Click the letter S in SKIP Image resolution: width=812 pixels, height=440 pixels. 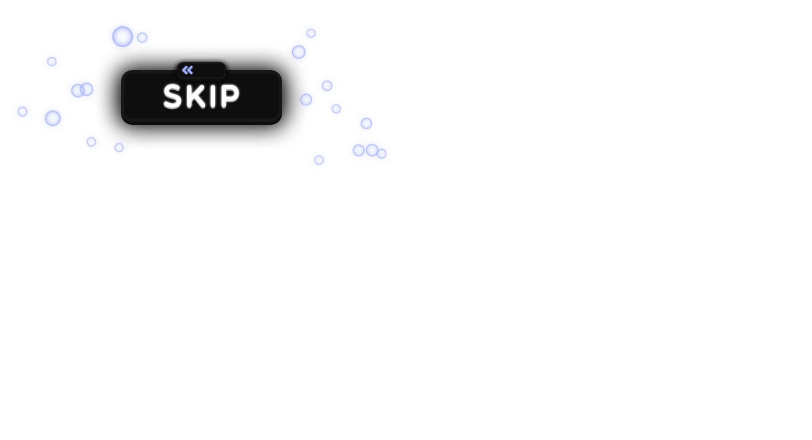click(172, 97)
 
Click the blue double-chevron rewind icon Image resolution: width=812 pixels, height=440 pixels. click(188, 70)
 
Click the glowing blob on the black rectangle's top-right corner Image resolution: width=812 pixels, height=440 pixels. click(299, 51)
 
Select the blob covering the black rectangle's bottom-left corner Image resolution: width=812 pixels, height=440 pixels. click(91, 142)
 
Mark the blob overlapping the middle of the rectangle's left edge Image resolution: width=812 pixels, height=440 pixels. click(81, 90)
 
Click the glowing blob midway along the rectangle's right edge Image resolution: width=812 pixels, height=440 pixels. click(308, 99)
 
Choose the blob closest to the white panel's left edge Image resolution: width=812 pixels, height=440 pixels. click(22, 111)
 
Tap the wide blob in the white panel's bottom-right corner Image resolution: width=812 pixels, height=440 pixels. click(369, 151)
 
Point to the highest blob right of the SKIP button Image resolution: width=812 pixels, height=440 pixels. click(311, 33)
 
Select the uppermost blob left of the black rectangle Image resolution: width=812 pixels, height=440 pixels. click(52, 62)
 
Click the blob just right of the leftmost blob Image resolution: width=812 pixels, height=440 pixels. click(53, 118)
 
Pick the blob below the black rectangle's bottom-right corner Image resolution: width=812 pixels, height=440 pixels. click(319, 160)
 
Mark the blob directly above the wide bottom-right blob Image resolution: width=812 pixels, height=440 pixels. click(366, 123)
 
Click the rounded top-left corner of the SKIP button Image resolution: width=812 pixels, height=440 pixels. click(126, 75)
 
